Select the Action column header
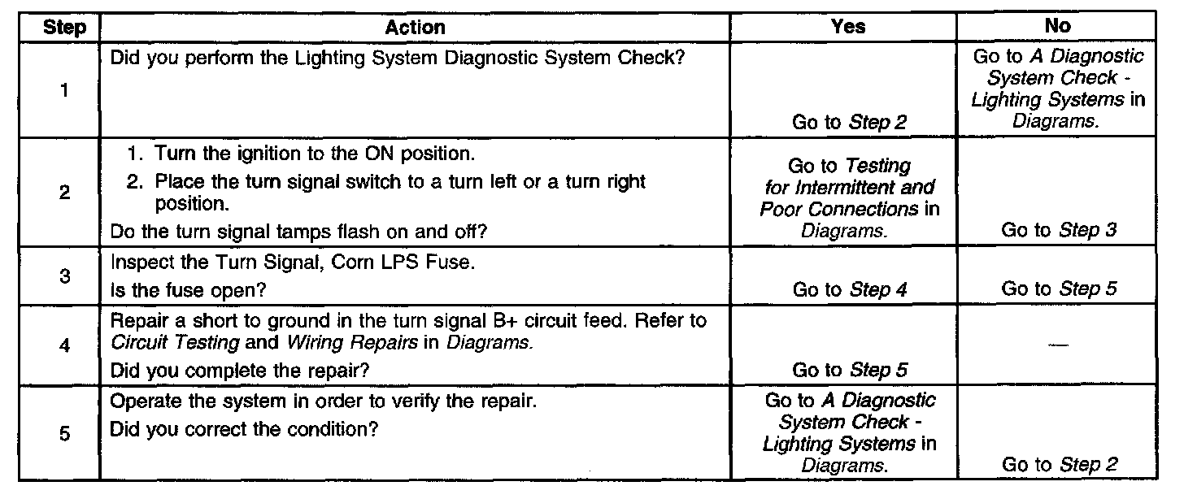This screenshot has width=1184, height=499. pyautogui.click(x=415, y=27)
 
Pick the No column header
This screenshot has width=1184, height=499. pyautogui.click(x=1057, y=26)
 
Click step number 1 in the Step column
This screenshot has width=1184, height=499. pyautogui.click(x=63, y=90)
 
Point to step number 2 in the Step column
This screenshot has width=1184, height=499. pyautogui.click(x=63, y=194)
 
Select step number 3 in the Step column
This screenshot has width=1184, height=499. pyautogui.click(x=63, y=276)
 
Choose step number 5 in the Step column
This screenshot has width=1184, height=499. pyautogui.click(x=63, y=434)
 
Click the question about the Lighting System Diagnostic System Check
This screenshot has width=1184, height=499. pyautogui.click(x=396, y=59)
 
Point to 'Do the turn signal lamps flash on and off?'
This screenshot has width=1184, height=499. pyautogui.click(x=298, y=232)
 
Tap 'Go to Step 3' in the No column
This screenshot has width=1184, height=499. pyautogui.click(x=1058, y=230)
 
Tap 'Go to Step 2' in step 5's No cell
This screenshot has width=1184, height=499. pyautogui.click(x=1058, y=465)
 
